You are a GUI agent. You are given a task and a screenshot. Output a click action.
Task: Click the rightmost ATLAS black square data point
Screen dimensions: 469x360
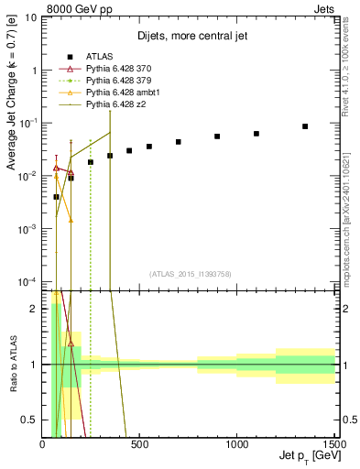[x=305, y=126]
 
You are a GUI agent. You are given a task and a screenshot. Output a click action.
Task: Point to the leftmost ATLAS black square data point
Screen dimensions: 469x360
[x=56, y=197]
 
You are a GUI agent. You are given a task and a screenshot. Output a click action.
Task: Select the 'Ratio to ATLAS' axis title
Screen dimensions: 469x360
[x=12, y=364]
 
